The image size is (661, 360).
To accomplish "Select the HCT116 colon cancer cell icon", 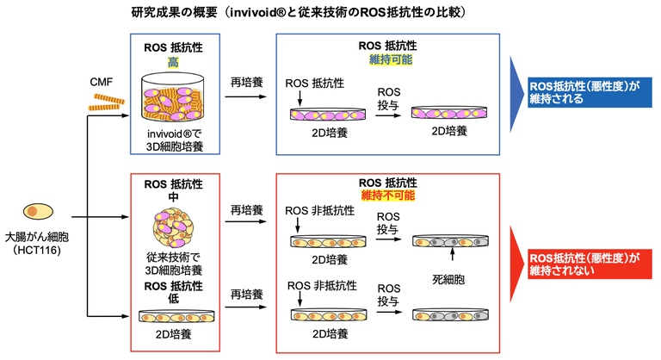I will (x=32, y=212).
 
